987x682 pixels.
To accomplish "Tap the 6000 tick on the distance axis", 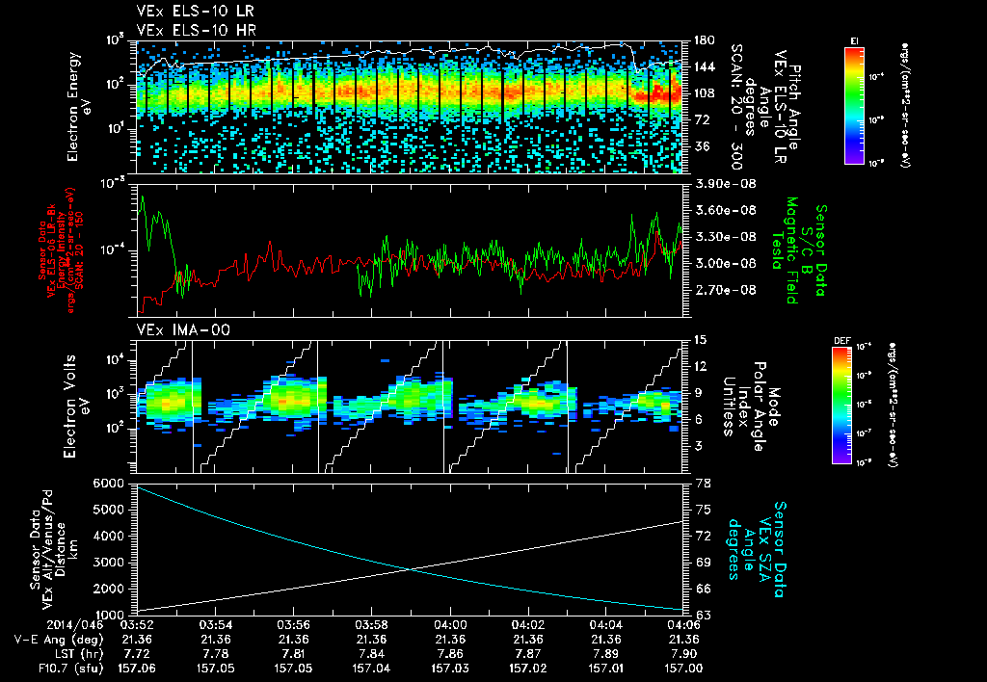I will click(109, 483).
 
